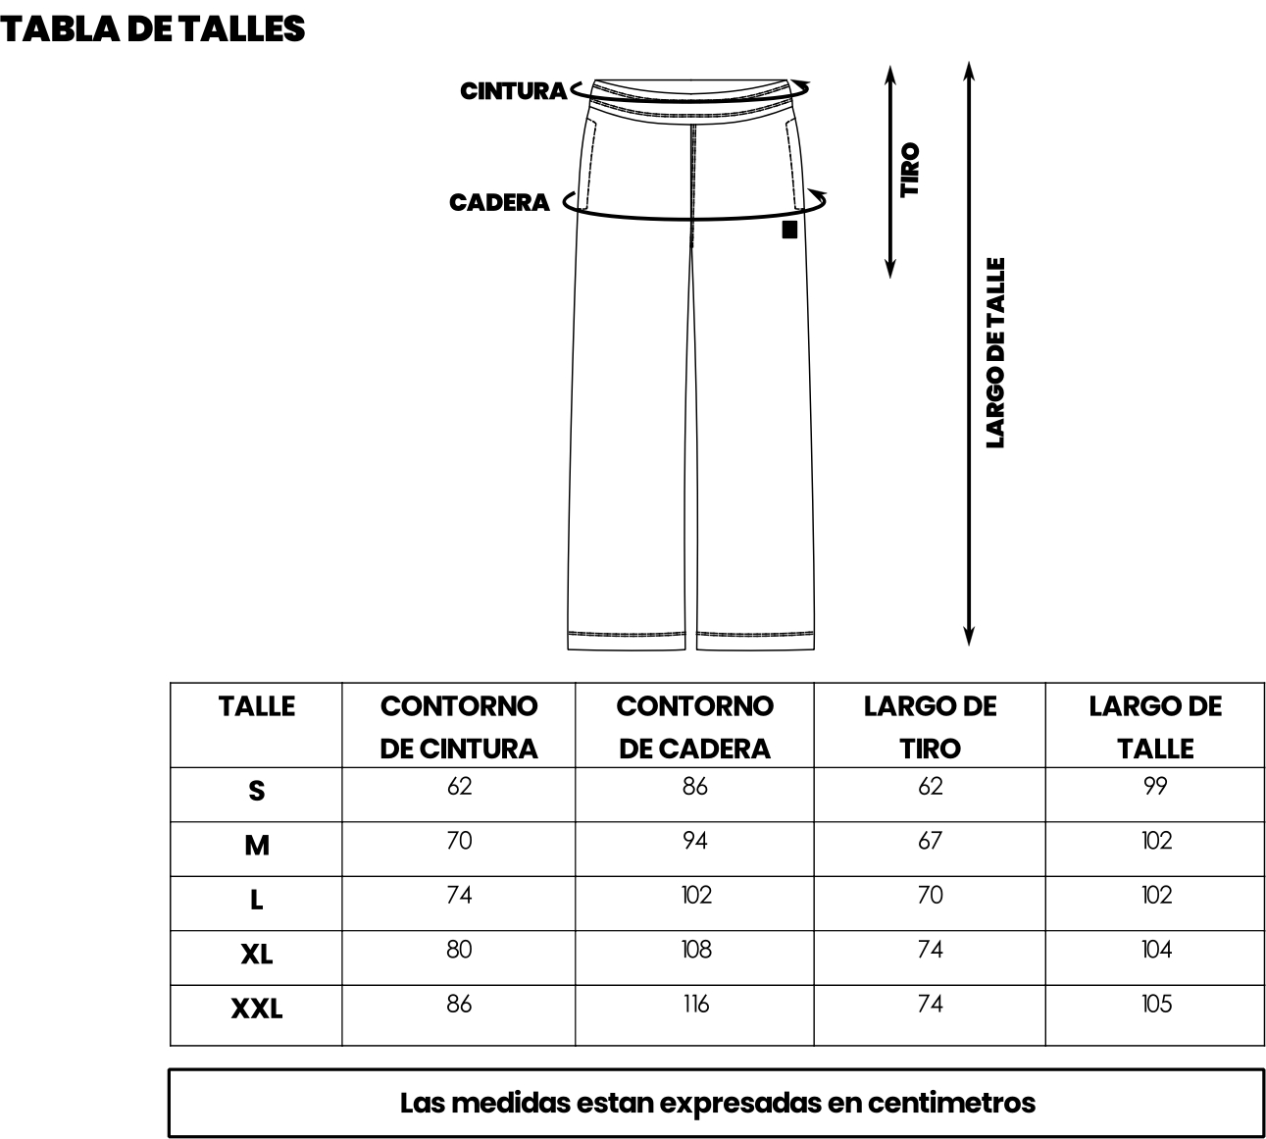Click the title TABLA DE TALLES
click(152, 29)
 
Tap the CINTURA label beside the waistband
click(513, 91)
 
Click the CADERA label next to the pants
click(499, 203)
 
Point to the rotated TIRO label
click(909, 170)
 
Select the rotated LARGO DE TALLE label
click(995, 353)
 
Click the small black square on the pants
click(789, 230)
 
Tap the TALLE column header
click(256, 706)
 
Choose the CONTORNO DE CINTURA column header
click(459, 727)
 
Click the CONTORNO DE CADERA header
click(695, 727)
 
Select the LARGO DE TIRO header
click(931, 727)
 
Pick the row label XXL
click(256, 1009)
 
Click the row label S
click(256, 791)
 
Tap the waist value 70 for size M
click(459, 841)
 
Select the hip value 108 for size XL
click(696, 950)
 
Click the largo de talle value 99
click(1155, 787)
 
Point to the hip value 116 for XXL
click(696, 1004)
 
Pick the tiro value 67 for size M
click(931, 841)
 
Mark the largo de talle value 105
click(1157, 1004)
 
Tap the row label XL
click(256, 955)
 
